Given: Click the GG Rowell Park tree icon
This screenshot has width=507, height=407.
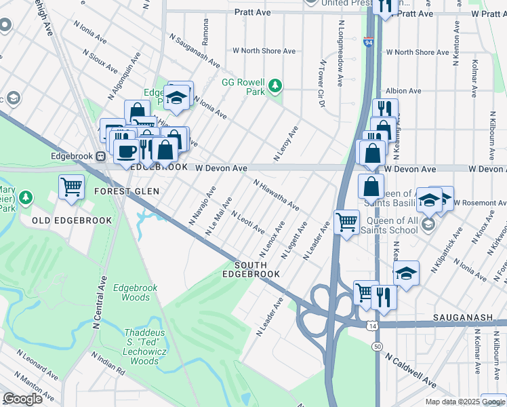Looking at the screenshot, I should (x=275, y=85).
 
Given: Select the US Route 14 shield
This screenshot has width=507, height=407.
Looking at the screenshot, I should (x=373, y=326).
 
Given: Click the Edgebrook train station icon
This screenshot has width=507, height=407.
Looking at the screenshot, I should (x=100, y=156).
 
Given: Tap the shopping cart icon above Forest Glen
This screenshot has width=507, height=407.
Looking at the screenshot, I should (x=71, y=187).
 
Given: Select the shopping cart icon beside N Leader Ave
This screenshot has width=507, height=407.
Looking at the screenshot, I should (x=346, y=221).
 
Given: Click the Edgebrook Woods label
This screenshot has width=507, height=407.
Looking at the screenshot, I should (x=136, y=292).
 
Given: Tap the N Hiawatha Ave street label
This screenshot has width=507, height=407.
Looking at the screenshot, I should (x=277, y=195).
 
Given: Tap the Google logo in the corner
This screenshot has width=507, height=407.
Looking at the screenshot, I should (x=22, y=399).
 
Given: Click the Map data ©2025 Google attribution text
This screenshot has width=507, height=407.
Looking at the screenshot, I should (x=465, y=402).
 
